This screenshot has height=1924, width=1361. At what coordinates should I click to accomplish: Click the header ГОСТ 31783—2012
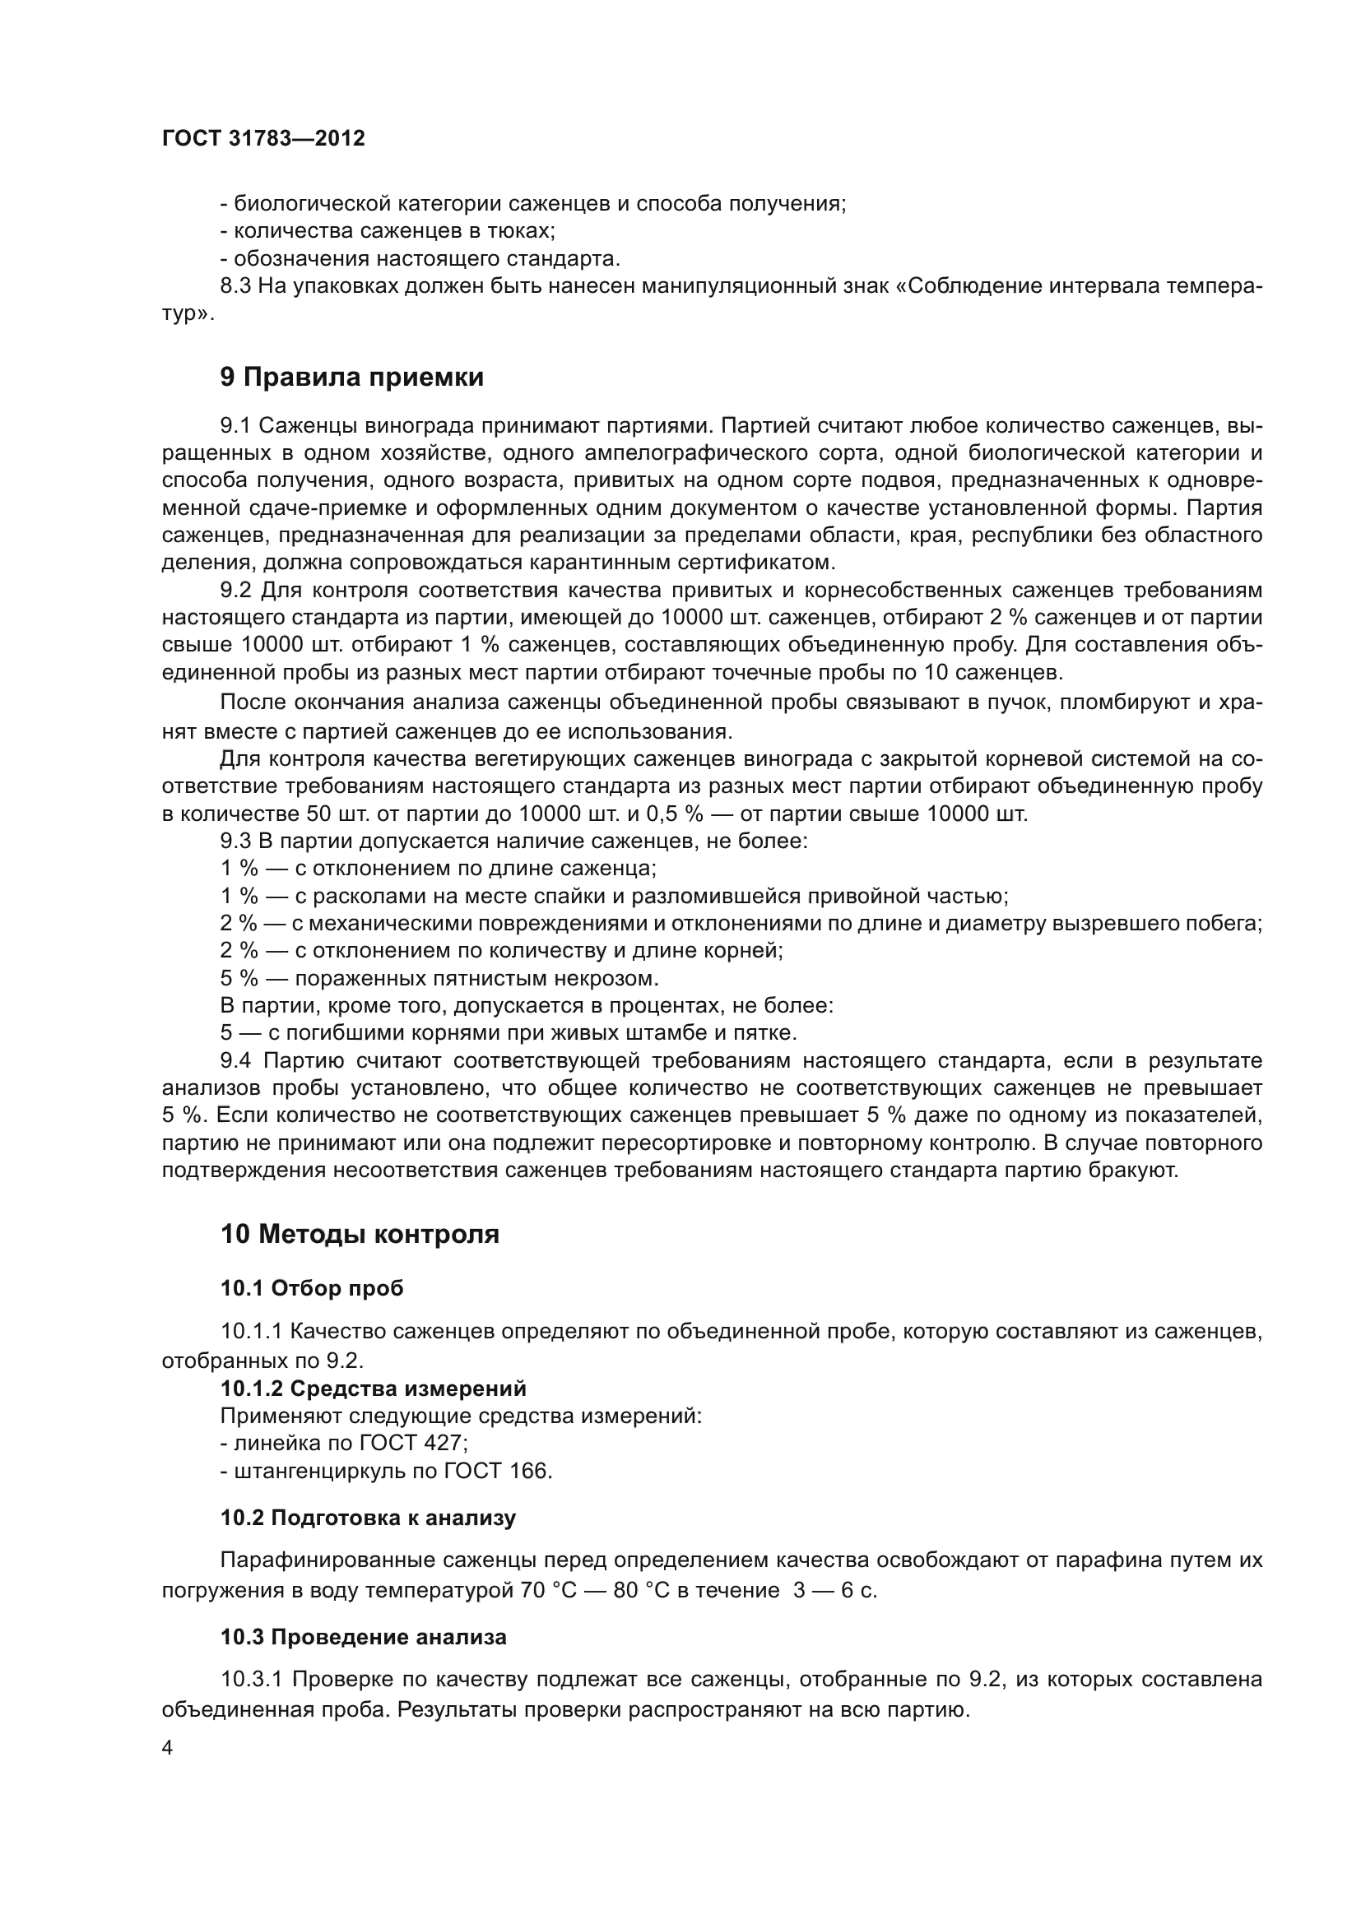pyautogui.click(x=263, y=139)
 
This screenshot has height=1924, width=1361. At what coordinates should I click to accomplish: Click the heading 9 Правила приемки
pyautogui.click(x=352, y=378)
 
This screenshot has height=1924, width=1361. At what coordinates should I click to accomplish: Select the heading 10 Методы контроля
pyautogui.click(x=360, y=1235)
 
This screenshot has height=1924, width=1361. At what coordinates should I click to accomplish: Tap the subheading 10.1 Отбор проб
pyautogui.click(x=312, y=1289)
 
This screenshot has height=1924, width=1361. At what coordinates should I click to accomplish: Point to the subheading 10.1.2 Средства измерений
pyautogui.click(x=373, y=1389)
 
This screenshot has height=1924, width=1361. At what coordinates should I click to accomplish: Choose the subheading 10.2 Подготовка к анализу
pyautogui.click(x=368, y=1518)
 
